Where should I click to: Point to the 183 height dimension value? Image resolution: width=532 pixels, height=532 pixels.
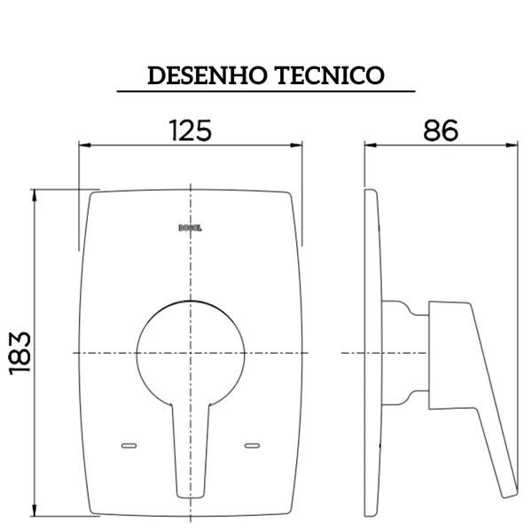[20, 352]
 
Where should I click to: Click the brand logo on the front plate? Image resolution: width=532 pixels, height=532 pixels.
[191, 226]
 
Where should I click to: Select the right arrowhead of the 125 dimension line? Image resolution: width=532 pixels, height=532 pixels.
[298, 145]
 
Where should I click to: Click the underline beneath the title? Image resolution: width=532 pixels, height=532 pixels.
[266, 91]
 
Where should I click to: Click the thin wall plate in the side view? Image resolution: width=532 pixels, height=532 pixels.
[374, 355]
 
